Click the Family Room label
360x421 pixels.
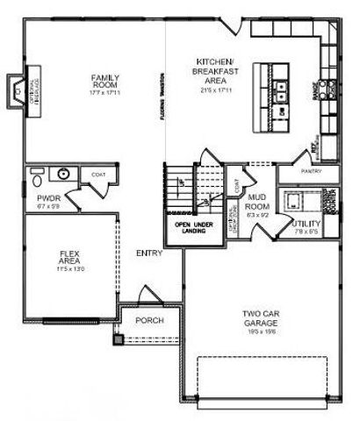click(105, 83)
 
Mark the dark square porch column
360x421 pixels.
click(115, 338)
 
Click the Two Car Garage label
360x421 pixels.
click(261, 318)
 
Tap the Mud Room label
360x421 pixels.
click(256, 202)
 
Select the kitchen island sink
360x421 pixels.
click(281, 87)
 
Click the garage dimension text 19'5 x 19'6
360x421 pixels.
click(261, 332)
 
